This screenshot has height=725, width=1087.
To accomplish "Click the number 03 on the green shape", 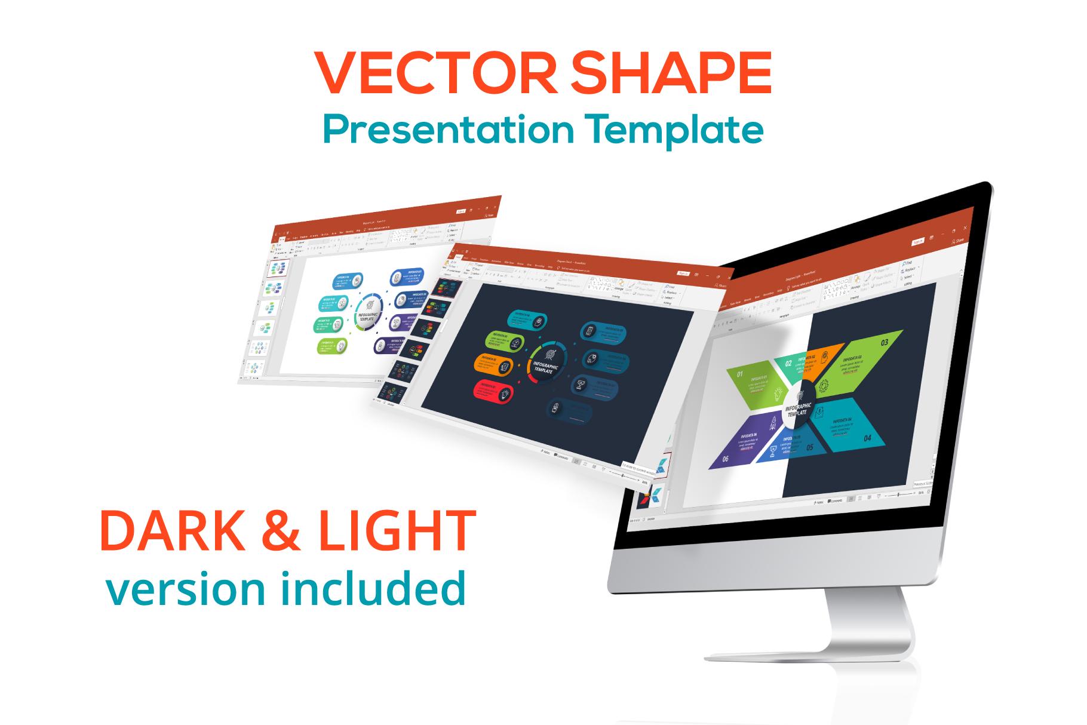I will [885, 342].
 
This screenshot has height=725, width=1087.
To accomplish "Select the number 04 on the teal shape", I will [867, 438].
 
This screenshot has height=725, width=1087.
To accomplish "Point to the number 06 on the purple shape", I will [726, 459].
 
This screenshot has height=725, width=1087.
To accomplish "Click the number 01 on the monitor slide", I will [740, 374].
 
